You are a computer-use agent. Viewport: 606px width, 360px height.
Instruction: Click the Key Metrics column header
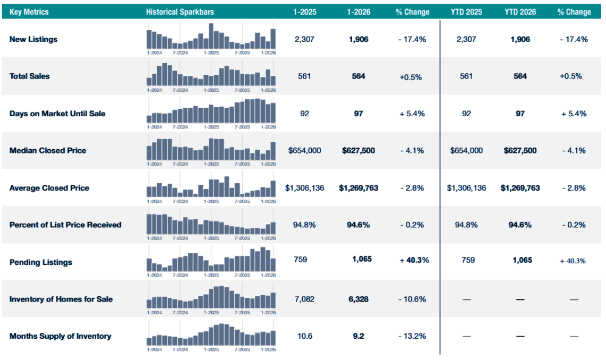[x=29, y=12]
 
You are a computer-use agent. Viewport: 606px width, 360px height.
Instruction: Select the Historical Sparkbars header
[x=180, y=12]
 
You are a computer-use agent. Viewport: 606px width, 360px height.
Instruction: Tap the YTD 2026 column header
[x=520, y=12]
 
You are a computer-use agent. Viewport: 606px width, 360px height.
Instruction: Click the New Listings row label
[x=33, y=39]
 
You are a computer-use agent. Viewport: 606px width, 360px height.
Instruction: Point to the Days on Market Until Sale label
[x=57, y=114]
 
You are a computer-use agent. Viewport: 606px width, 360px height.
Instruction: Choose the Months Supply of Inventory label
[x=61, y=336]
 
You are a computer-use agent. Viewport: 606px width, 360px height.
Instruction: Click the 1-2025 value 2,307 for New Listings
[x=304, y=39]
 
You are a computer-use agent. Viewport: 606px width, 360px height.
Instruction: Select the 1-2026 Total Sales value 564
[x=359, y=76]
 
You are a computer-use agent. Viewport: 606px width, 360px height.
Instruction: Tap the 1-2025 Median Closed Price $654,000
[x=304, y=151]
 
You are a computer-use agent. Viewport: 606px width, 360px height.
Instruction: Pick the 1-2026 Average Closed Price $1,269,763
[x=359, y=188]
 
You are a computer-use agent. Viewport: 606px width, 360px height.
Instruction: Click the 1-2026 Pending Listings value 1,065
[x=362, y=259]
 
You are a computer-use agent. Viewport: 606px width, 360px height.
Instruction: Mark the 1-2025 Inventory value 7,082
[x=304, y=299]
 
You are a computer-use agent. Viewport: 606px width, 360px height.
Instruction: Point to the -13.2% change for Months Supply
[x=412, y=336]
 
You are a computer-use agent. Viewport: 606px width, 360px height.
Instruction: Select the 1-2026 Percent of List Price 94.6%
[x=359, y=225]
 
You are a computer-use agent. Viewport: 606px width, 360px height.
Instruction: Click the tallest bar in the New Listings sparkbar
[x=211, y=36]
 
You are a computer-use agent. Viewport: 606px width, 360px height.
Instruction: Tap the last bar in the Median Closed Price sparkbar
[x=273, y=151]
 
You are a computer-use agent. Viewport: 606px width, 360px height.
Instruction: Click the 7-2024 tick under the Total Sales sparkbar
[x=180, y=90]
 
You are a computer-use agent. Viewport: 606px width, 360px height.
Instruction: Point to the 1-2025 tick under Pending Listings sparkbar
[x=211, y=275]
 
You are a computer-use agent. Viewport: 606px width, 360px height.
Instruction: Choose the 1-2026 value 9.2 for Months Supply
[x=359, y=336]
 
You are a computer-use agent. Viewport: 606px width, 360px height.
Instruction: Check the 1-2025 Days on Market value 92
[x=304, y=114]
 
